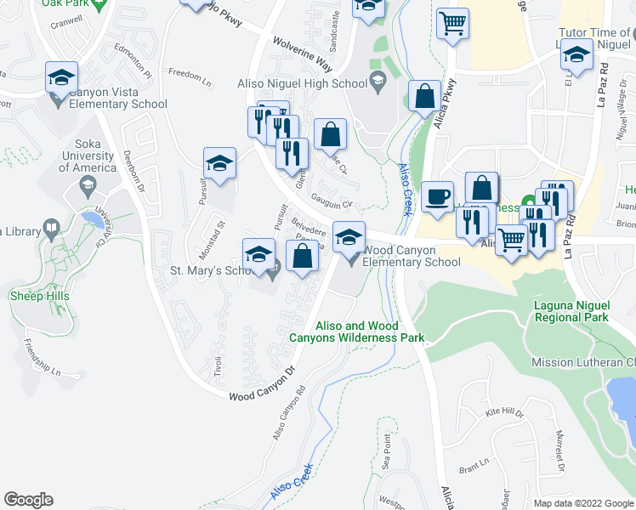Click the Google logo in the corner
[28, 500]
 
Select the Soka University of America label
[94, 156]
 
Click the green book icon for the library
[51, 229]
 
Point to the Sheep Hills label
[40, 296]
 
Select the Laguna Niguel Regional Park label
[571, 310]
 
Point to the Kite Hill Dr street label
[504, 412]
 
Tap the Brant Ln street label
[471, 468]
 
